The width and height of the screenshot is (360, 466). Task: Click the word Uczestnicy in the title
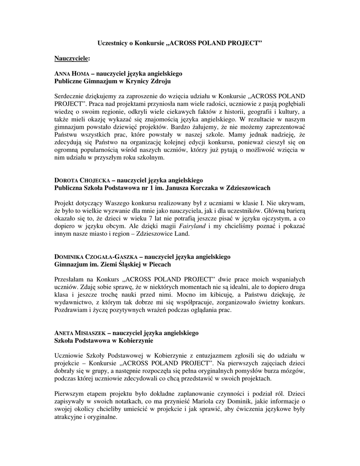click(113, 43)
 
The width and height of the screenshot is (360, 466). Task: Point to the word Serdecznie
click(70, 96)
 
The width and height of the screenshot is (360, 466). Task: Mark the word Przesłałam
click(70, 279)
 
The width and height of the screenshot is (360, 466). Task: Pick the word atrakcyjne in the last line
click(68, 417)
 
